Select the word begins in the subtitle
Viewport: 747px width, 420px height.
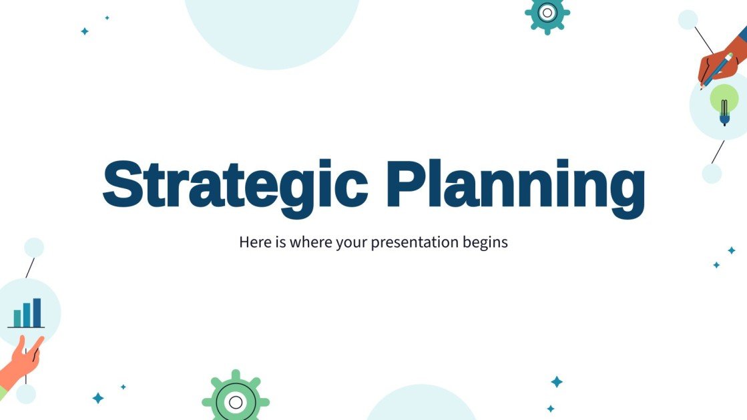tap(485, 242)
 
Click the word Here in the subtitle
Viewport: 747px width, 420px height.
tap(254, 242)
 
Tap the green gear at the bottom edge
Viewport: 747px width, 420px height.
tap(236, 399)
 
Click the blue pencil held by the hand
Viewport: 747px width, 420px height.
tap(718, 69)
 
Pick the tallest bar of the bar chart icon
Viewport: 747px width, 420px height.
tap(37, 312)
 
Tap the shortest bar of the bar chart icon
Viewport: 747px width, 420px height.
tap(17, 318)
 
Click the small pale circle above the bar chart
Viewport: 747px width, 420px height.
tap(34, 248)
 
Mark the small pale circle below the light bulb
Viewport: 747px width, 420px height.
tap(712, 174)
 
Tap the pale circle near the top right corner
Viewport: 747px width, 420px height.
tap(688, 19)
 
